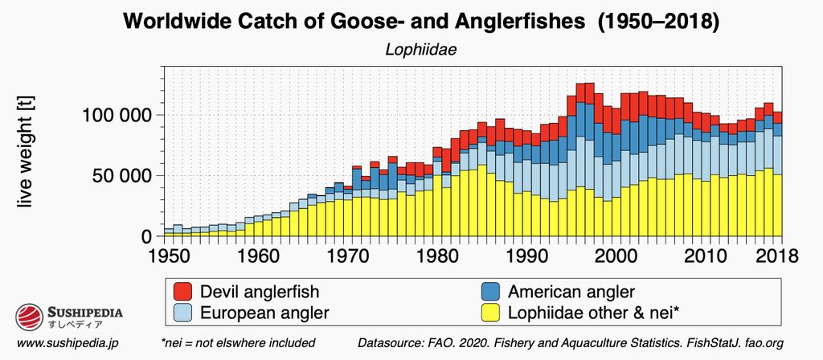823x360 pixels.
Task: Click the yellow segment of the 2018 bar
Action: click(777, 206)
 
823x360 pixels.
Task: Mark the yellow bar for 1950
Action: click(169, 235)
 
